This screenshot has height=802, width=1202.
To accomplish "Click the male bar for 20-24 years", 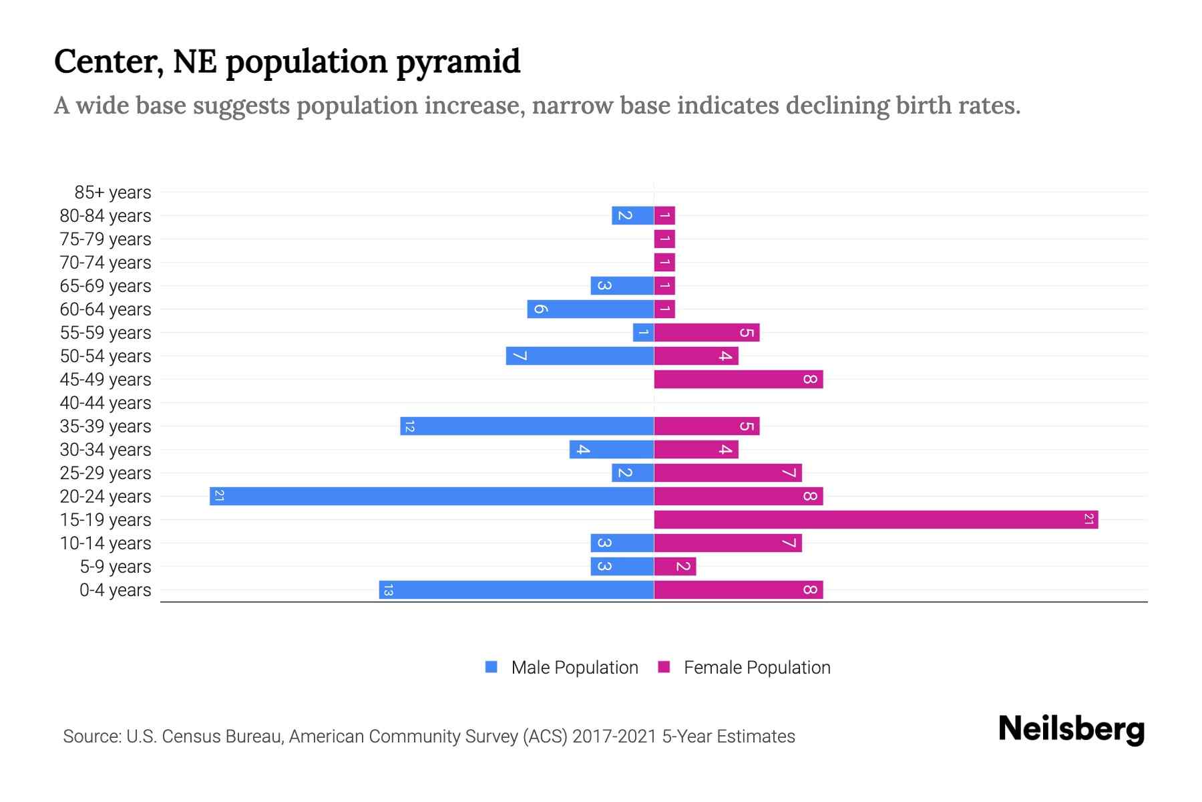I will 431,497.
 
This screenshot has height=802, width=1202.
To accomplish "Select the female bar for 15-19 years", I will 876,520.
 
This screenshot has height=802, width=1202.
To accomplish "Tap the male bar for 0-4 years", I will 516,590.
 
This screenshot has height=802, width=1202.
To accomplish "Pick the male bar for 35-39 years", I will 527,426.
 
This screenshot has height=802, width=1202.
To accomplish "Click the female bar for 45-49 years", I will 739,380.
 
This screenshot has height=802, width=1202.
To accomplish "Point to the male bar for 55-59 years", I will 643,333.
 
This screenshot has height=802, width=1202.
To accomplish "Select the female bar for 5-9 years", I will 675,567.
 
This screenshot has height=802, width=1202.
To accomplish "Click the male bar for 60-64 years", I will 590,309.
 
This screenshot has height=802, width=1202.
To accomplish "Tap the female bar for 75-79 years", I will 664,239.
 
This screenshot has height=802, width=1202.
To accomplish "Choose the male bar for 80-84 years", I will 632,216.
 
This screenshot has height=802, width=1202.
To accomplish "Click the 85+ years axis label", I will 113,192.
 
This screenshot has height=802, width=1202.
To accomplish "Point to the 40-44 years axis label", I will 106,403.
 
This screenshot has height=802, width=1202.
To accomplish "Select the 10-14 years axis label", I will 106,543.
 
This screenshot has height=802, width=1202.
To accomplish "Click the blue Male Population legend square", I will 491,667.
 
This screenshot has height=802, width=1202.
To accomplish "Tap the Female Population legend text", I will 757,668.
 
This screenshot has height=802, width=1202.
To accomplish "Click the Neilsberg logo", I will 1071,728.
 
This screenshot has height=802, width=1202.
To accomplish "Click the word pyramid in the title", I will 458,61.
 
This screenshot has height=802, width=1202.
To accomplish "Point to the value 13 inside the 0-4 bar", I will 388,590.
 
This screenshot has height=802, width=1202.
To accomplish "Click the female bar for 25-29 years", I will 728,473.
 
